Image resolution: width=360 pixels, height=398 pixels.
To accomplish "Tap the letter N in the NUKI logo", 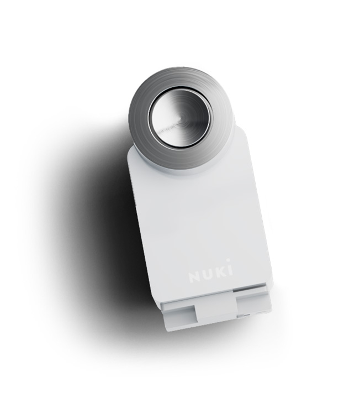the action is [x=194, y=277].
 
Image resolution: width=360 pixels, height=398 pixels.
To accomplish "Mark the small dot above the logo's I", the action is [x=228, y=260].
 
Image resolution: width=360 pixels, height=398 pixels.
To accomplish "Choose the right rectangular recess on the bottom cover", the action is [x=253, y=304].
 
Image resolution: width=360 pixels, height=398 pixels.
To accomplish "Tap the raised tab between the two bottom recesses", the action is [x=216, y=310].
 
